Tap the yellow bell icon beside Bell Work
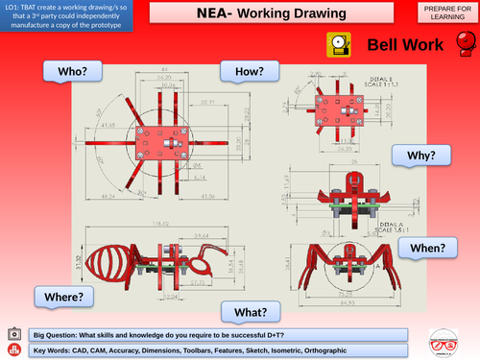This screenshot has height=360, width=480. [x=339, y=45]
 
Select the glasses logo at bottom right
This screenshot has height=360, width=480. [x=444, y=342]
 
